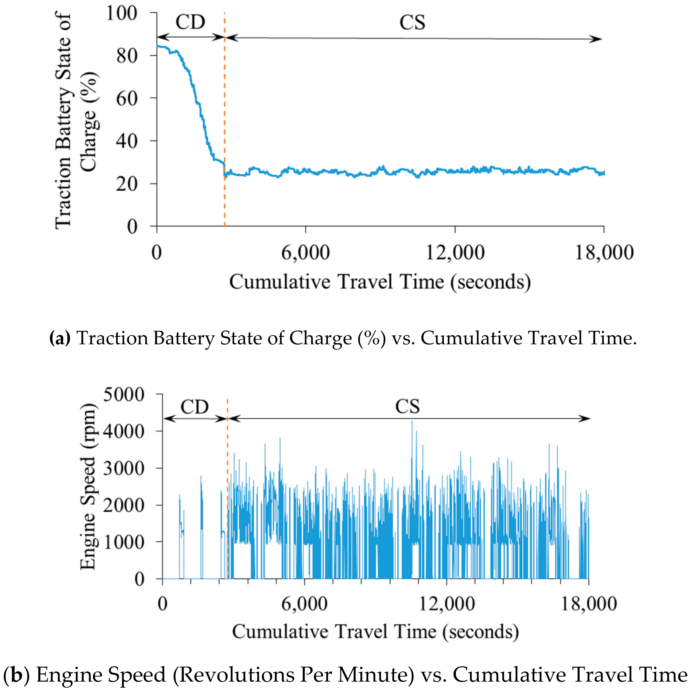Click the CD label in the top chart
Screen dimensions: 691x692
tap(190, 22)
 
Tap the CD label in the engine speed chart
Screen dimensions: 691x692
tap(194, 407)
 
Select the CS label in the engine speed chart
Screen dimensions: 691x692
tap(407, 407)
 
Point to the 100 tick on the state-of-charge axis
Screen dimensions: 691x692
tap(122, 14)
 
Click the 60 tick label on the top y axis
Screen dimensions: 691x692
tap(127, 98)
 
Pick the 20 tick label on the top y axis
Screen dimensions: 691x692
tap(127, 184)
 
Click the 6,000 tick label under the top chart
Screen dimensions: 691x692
tap(305, 253)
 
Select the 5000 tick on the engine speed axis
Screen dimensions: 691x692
tap(124, 395)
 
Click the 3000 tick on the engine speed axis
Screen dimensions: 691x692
tap(124, 468)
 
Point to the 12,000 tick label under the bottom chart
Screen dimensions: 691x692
tap(446, 604)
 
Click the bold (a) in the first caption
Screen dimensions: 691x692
tap(60, 338)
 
